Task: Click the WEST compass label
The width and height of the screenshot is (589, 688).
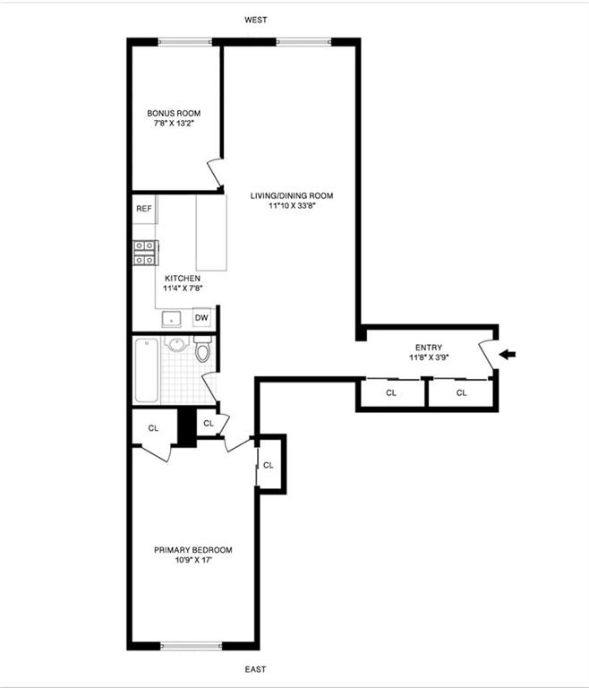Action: coord(255,20)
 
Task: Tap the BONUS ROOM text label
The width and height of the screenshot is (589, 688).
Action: coord(174,114)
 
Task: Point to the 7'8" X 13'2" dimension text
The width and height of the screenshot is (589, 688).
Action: coord(174,125)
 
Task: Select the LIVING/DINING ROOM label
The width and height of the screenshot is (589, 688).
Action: coord(292,195)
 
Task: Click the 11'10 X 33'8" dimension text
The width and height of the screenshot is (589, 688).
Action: coord(292,206)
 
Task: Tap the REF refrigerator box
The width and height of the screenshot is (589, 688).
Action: coord(144,209)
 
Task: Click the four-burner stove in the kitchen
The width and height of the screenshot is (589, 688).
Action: coord(145,254)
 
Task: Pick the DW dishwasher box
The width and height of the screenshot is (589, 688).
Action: coord(201,318)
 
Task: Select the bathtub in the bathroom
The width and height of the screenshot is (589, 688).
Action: coord(146,370)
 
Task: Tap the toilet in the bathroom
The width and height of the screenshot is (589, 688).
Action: coord(202,351)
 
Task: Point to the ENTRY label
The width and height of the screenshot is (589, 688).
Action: coord(429,348)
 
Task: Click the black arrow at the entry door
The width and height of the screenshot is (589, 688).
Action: coord(508,355)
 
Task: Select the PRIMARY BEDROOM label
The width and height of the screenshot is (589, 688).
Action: coord(193,550)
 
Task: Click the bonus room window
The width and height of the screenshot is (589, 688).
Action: coord(185,41)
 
